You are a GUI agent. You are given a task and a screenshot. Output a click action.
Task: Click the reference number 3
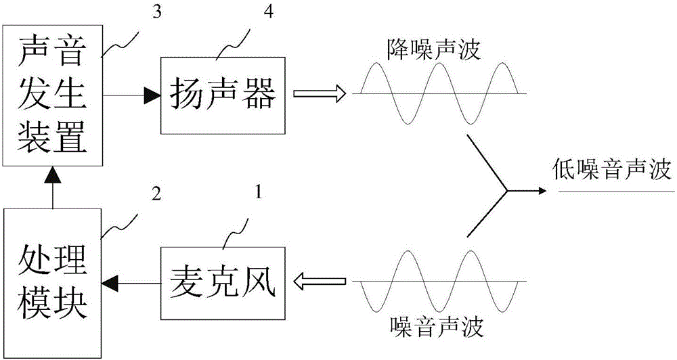tap(157, 12)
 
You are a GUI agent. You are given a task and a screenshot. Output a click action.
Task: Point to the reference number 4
tap(268, 12)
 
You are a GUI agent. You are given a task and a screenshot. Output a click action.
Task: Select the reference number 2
tap(156, 194)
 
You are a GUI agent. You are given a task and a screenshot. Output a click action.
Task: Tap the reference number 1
tap(258, 192)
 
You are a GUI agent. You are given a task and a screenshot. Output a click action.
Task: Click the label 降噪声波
tap(433, 51)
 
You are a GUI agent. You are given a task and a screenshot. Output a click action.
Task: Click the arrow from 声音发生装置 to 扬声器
tap(132, 95)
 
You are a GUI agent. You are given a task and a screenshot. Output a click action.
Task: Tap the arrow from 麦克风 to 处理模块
tap(132, 283)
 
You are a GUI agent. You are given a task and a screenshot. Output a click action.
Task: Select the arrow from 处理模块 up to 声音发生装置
tap(53, 187)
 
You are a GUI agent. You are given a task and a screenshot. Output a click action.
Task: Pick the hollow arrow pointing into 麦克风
tap(320, 282)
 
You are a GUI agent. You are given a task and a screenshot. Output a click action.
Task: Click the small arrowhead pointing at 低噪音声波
tap(543, 191)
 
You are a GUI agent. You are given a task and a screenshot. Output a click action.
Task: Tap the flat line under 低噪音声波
tap(616, 192)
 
